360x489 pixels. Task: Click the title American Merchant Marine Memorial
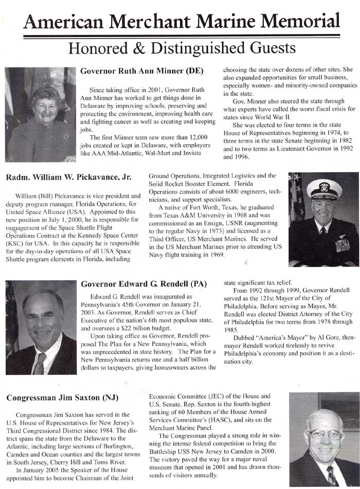[181, 21]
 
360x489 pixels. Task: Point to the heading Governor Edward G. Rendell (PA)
[144, 284]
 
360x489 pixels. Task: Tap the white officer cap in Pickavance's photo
[324, 189]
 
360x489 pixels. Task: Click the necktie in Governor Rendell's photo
[40, 364]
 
